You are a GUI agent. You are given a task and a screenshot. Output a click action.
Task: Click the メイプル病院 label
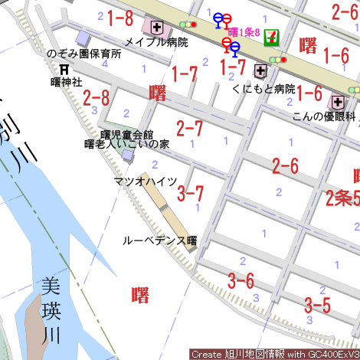(156, 42)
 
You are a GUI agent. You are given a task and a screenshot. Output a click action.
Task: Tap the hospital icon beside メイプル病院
(158, 28)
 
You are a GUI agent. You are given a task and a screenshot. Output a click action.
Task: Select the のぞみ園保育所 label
(84, 54)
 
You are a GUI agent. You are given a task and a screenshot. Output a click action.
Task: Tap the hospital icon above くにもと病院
(260, 72)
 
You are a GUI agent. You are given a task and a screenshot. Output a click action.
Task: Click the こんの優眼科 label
(325, 116)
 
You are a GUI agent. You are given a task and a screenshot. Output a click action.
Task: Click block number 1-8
(119, 18)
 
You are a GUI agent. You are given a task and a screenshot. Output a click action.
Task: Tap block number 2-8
(97, 97)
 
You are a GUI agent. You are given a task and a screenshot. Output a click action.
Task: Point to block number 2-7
(189, 128)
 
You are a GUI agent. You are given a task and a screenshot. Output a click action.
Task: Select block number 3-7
(191, 192)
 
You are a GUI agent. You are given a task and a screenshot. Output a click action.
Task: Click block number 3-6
(241, 280)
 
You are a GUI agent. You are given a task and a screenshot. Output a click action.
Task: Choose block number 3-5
(316, 305)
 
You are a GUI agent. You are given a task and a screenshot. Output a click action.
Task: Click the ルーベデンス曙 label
(160, 240)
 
